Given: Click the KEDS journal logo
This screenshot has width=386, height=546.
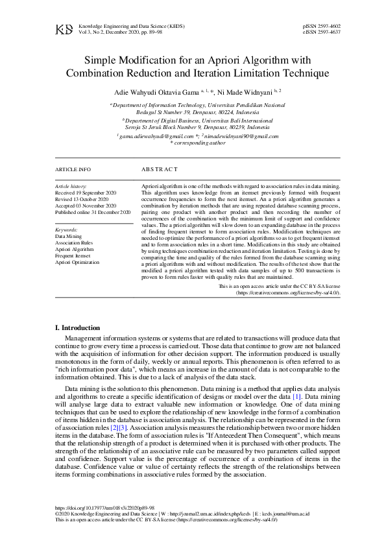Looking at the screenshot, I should coord(64,29).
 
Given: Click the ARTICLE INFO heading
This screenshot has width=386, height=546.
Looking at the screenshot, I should coord(73,169).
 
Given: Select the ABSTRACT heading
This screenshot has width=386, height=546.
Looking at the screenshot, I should coord(159,169).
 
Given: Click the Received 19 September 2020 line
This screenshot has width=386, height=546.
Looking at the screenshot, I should coord(86,193).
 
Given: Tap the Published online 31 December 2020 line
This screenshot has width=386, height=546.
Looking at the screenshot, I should coord(93,212).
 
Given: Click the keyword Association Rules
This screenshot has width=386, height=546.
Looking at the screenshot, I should coord(74,243).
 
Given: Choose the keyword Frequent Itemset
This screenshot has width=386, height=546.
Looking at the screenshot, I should coord(73,255).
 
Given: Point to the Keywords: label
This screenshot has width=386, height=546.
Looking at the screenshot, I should coord(67,230).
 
